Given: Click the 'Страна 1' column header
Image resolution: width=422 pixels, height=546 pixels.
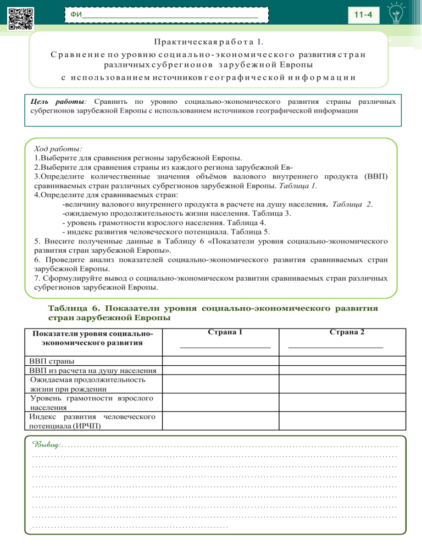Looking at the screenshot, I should tap(225, 332).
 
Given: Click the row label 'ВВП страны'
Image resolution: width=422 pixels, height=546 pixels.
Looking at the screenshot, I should tap(53, 361).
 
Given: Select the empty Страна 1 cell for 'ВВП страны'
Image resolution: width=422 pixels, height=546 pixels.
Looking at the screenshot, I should tap(225, 361).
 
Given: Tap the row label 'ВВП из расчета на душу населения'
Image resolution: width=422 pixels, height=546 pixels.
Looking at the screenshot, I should tap(93, 371).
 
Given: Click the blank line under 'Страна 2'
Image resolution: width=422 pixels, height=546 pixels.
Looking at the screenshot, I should tap(336, 347).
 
